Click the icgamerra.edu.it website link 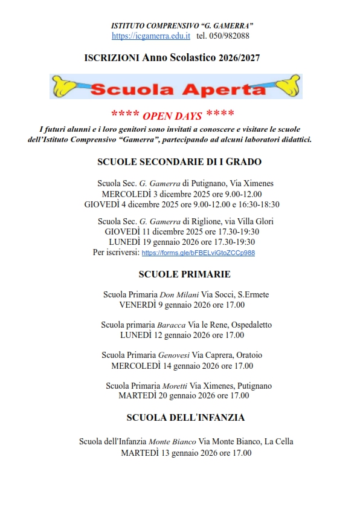click(x=151, y=36)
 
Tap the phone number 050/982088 click(x=230, y=36)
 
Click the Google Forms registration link click(x=198, y=253)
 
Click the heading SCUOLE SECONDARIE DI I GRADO click(x=179, y=162)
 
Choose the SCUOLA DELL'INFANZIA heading click(x=185, y=417)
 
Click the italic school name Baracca click(x=172, y=325)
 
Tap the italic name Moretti click(x=175, y=386)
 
